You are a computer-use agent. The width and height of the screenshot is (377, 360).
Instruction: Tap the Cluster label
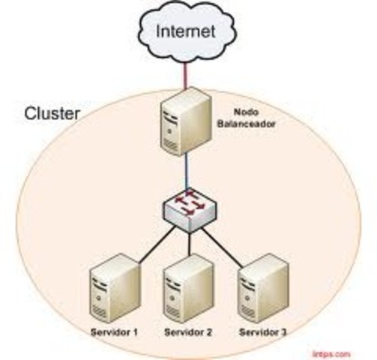coord(53,115)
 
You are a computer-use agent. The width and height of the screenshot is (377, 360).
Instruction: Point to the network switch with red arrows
coord(189,208)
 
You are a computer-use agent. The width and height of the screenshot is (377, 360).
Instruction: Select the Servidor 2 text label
coord(188,332)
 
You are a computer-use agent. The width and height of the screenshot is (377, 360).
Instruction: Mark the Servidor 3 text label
coord(262,332)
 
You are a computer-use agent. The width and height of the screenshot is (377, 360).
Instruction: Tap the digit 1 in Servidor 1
coord(136,332)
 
